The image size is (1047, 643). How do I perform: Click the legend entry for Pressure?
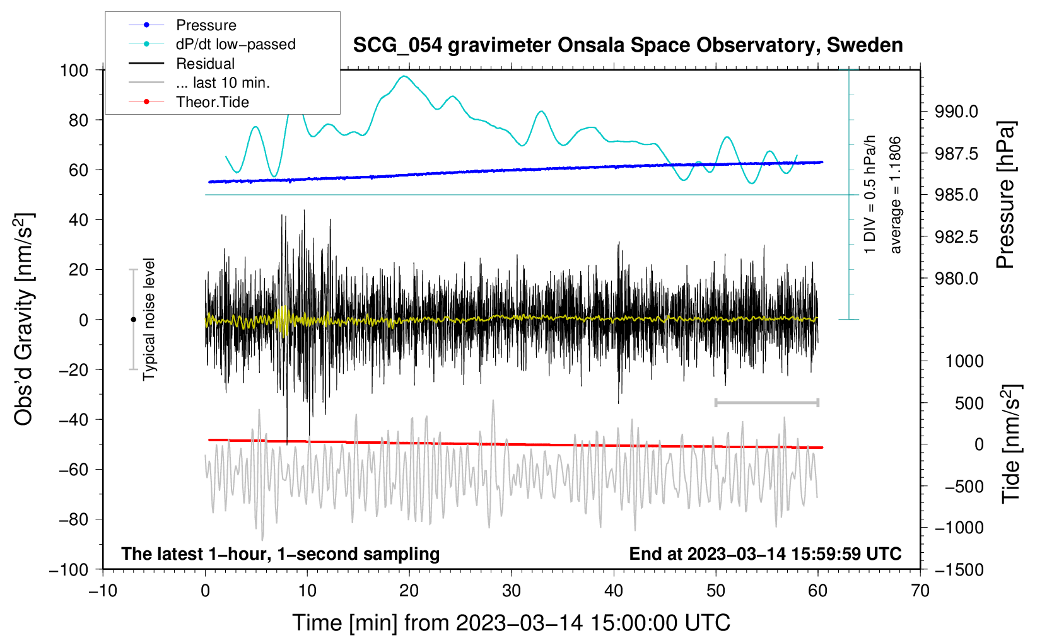coord(206,25)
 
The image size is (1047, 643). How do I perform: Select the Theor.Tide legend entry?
coord(212,102)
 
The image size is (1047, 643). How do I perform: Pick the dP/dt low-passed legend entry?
coord(235,44)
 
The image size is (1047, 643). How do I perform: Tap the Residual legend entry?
coord(205,64)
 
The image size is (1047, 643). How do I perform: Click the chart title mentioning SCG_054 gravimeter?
coord(628,45)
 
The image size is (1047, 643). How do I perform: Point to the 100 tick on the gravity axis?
coord(74,70)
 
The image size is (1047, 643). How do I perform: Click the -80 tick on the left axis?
coord(73,519)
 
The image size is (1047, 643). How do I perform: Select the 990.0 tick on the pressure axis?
coord(956,112)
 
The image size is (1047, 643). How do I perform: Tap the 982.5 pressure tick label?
coord(956,237)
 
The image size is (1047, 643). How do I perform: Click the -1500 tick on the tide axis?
coord(959,570)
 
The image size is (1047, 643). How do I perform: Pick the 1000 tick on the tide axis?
coord(964,361)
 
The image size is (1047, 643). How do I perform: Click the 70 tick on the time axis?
coord(920,591)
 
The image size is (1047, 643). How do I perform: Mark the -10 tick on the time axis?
coord(103,591)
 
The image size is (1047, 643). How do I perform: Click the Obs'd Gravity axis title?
coord(24,320)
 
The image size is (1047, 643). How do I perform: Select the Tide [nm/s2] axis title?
coord(1012,444)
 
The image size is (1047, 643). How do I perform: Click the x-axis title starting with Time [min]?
coord(511,623)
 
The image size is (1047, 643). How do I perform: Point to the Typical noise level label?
coord(149,320)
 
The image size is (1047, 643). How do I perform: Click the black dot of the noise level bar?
coord(133,320)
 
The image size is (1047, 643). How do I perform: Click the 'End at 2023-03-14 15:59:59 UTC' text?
coord(765,554)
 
